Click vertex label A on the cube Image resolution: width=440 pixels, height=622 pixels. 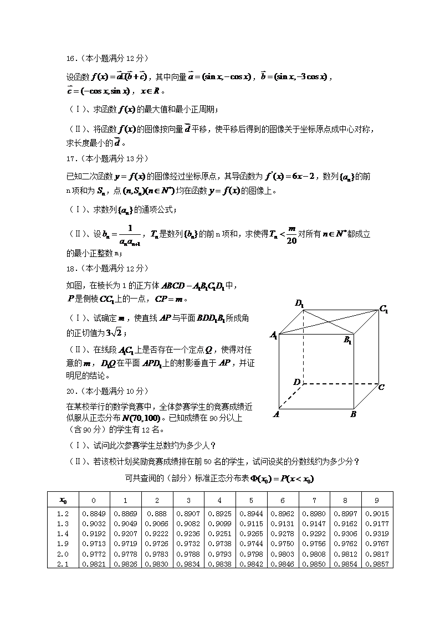click(275, 413)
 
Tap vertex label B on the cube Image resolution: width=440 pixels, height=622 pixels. click(354, 414)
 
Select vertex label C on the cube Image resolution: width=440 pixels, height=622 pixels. click(381, 387)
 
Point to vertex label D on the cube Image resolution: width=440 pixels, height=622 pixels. click(297, 382)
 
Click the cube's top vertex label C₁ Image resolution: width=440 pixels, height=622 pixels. click(383, 309)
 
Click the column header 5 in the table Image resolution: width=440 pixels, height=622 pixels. click(252, 500)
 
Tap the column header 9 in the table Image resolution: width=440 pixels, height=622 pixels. click(377, 500)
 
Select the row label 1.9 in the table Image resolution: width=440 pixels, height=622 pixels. click(63, 544)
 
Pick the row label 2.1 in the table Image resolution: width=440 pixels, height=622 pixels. click(63, 564)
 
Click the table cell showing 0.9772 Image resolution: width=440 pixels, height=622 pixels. click(94, 554)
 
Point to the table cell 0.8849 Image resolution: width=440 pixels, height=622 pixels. click(94, 513)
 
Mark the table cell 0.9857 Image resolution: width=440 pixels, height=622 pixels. click(377, 564)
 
